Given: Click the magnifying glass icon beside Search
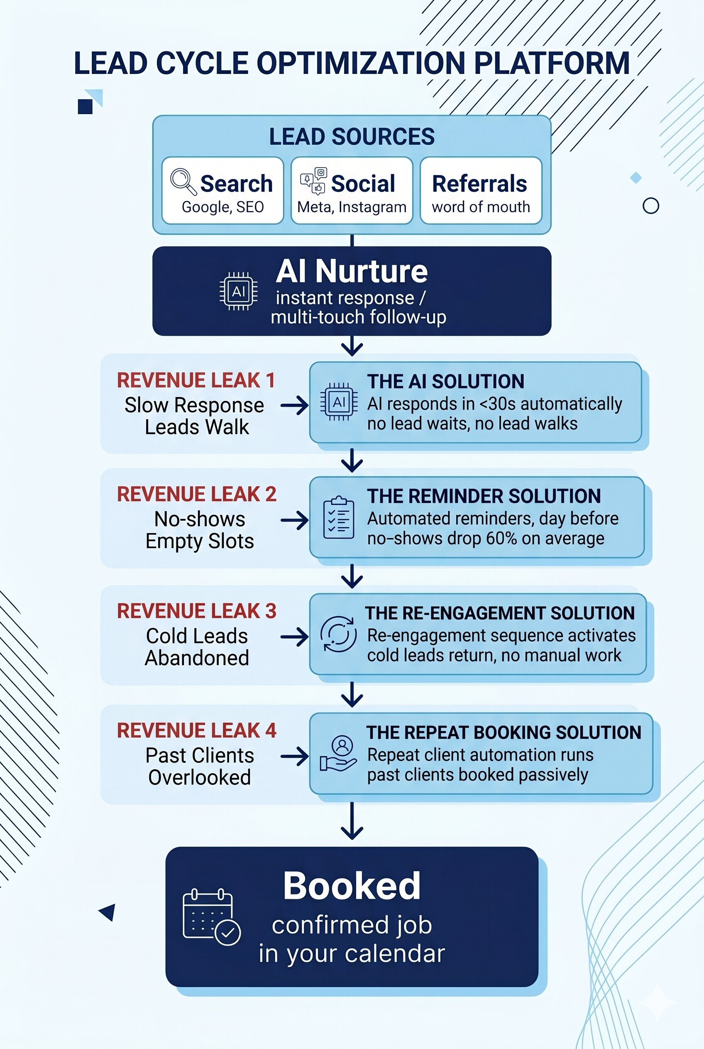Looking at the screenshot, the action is (x=183, y=181).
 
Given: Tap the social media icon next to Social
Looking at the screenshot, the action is (x=313, y=181).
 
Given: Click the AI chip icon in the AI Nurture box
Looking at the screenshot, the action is (x=238, y=291).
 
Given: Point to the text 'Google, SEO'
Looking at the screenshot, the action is (x=222, y=207).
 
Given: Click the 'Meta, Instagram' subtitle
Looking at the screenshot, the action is (x=352, y=207).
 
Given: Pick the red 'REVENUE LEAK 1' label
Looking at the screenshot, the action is (x=196, y=381).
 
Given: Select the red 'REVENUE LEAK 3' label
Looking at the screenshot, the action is (x=197, y=611).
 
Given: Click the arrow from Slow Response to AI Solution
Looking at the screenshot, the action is (x=295, y=406).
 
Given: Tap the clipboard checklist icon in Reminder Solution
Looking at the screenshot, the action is (x=339, y=517).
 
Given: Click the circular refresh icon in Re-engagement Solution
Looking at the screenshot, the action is (x=339, y=634).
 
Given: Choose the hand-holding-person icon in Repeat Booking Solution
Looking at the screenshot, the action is (x=339, y=754).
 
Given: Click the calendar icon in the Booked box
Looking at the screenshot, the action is (x=211, y=917).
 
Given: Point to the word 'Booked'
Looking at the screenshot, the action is (x=352, y=886).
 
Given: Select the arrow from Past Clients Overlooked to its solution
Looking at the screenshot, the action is (x=295, y=756).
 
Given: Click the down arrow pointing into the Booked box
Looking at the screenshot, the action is (x=352, y=820).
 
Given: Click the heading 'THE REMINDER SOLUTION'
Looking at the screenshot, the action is (x=484, y=496).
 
